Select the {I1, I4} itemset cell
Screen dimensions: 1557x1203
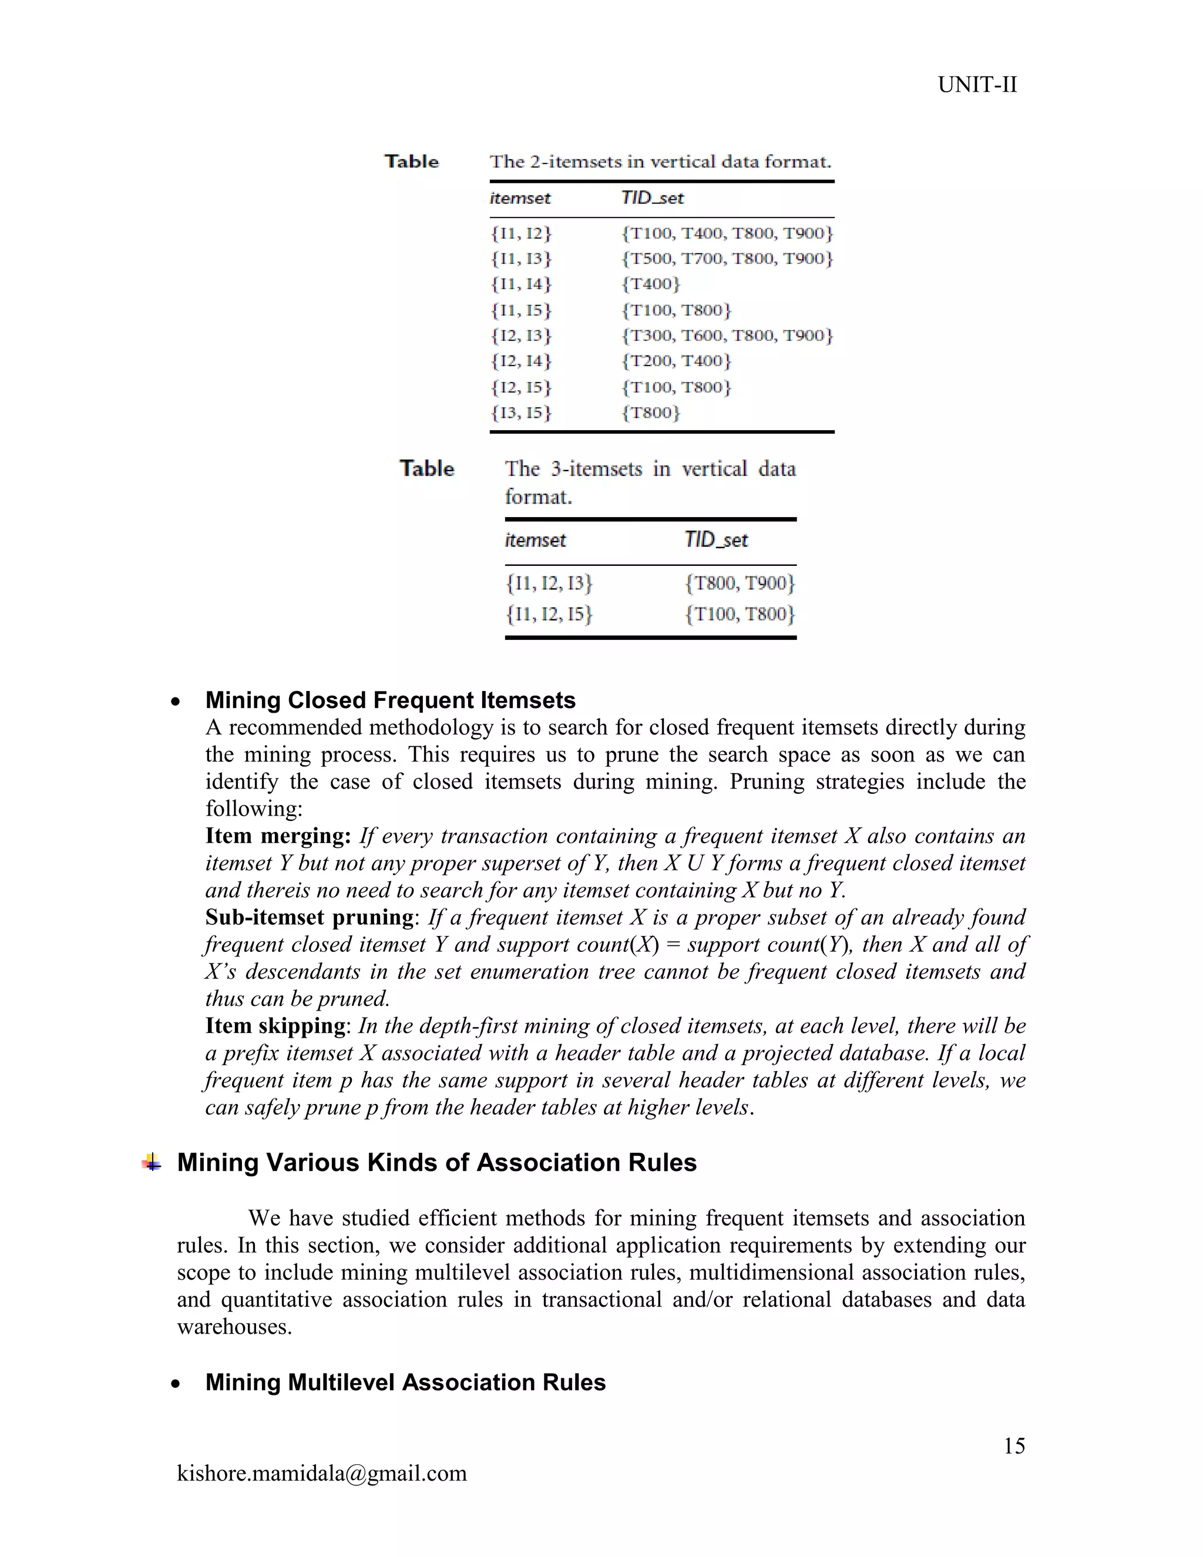[521, 284]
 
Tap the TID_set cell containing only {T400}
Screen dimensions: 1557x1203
[651, 284]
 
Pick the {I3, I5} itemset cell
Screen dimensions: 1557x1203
[521, 413]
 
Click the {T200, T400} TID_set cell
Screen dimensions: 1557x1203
[676, 361]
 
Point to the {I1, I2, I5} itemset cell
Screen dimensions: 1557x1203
[549, 614]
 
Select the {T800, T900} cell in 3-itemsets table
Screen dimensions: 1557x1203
[739, 583]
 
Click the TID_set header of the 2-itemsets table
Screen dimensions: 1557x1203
[651, 198]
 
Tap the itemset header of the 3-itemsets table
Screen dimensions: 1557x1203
[535, 540]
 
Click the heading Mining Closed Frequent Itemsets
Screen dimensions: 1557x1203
[390, 700]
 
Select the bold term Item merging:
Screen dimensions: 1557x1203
[278, 835]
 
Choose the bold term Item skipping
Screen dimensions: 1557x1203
[275, 1025]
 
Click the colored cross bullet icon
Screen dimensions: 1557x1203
[151, 1163]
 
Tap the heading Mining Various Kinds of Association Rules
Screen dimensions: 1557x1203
[436, 1163]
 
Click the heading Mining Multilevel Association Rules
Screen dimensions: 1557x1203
[405, 1382]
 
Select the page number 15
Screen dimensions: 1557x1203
[1013, 1446]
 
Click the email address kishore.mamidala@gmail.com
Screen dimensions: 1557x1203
[321, 1473]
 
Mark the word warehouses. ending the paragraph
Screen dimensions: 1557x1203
[234, 1327]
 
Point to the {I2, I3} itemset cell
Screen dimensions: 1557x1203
[521, 335]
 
